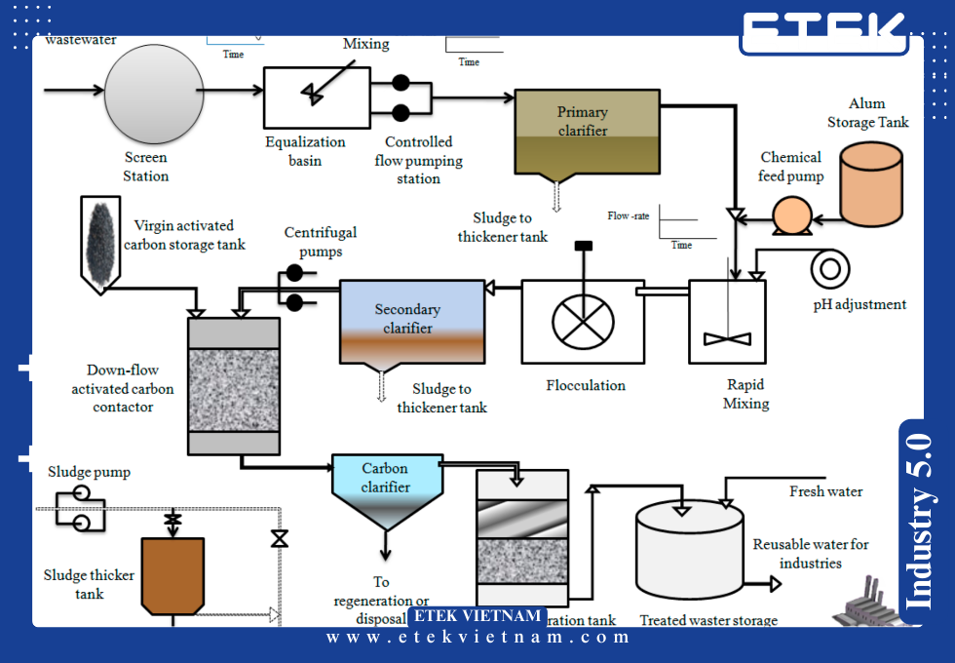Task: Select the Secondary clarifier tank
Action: [x=411, y=321]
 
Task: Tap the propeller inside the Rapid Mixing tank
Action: [x=727, y=337]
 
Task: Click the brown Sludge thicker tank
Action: [x=172, y=575]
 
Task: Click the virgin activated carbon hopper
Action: [x=100, y=240]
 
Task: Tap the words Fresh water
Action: [x=825, y=491]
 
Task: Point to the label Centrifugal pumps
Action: [x=321, y=242]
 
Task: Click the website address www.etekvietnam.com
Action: [x=478, y=638]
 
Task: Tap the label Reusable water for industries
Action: [x=810, y=553]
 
